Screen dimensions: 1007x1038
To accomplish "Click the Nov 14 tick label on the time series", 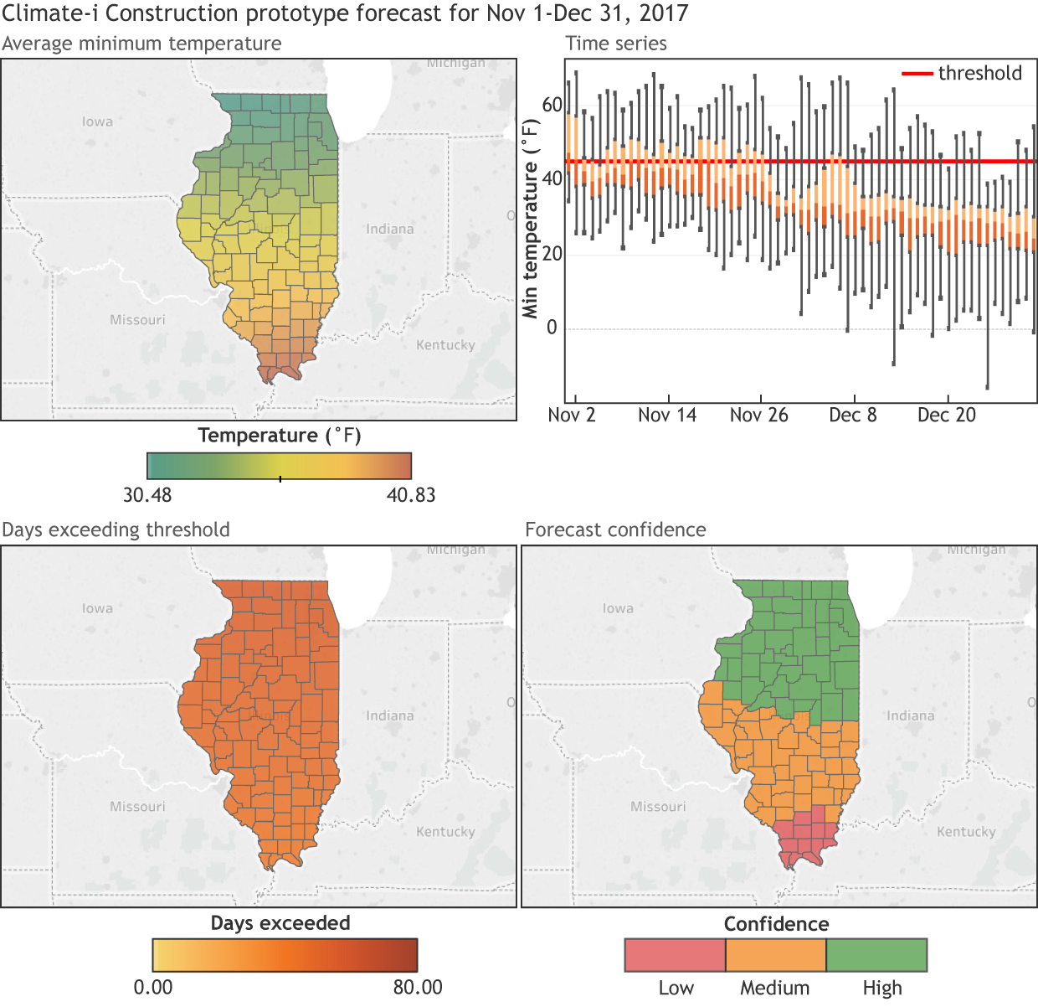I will coord(666,415).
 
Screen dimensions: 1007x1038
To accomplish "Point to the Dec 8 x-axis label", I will coord(852,415).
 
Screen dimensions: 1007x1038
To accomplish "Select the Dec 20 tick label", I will coord(946,415).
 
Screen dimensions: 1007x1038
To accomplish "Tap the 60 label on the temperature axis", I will coord(552,105).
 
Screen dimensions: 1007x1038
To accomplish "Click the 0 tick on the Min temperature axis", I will coord(552,328).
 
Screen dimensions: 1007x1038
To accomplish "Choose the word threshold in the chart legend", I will coord(979,73).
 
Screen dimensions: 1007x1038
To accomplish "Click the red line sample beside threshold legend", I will coord(917,74).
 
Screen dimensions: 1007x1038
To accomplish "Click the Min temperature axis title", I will coord(530,218).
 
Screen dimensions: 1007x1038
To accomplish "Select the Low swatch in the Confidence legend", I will coord(675,955).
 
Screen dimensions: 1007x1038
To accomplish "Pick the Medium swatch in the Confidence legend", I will coord(775,955).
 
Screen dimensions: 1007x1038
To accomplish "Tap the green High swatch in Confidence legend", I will coord(876,955).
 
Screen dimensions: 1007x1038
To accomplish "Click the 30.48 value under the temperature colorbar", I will coord(147,495).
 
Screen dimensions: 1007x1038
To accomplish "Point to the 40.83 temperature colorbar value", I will coord(411,495).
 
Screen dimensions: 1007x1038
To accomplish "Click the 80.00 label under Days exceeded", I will coord(418,987).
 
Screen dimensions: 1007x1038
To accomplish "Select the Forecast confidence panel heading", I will coord(615,529).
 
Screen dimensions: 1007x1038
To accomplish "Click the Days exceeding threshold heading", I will coord(116,529).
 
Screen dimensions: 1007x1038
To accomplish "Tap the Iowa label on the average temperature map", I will coord(97,121).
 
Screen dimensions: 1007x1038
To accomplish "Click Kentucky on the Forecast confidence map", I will coord(966,832).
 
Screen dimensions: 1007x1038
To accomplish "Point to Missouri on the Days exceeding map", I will coord(137,807).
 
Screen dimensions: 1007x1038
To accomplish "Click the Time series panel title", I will coord(616,44).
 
